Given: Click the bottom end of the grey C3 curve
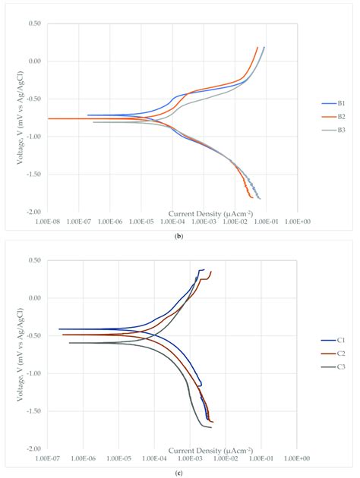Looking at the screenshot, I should click(211, 427).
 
